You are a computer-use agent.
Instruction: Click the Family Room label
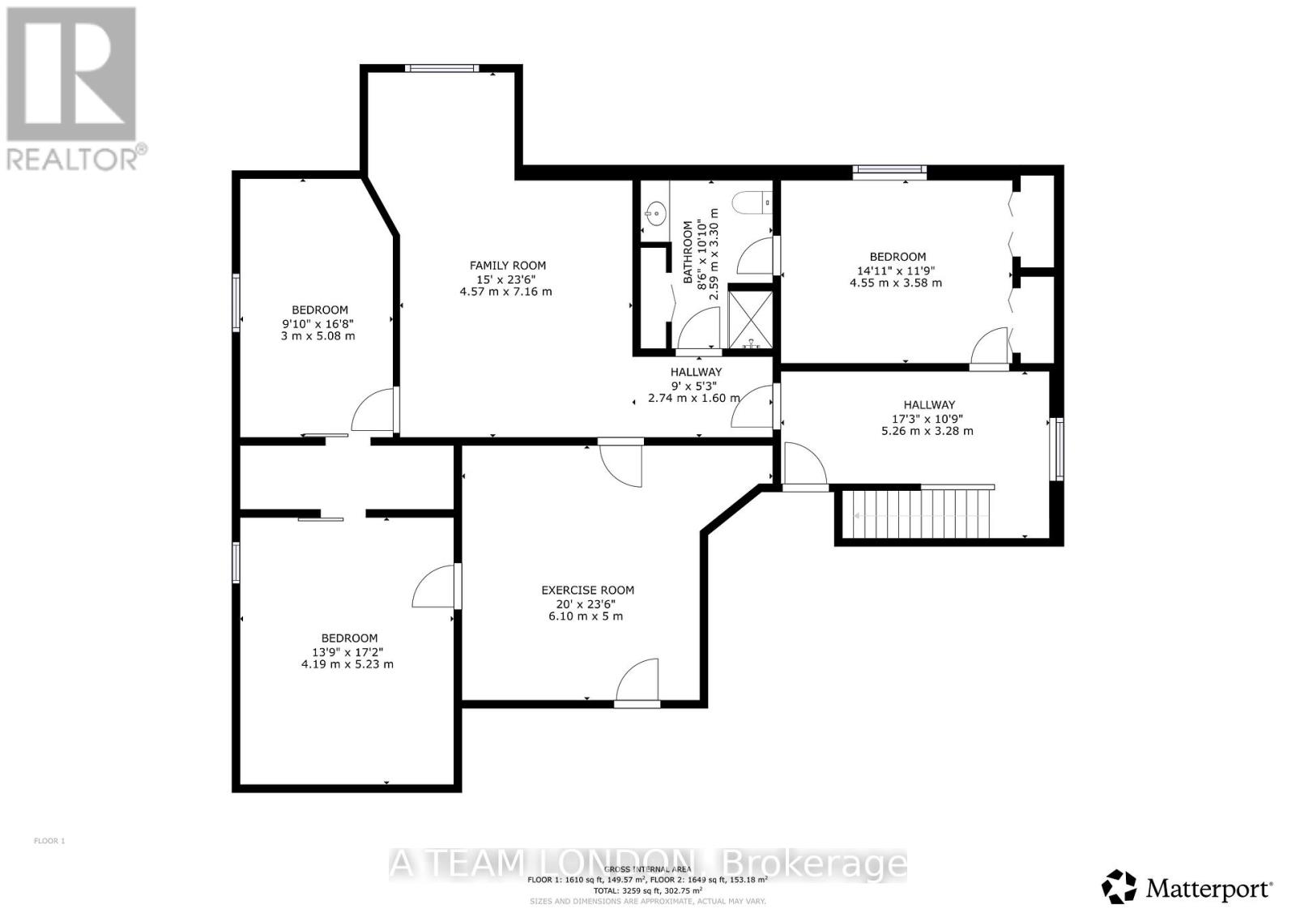coord(508,265)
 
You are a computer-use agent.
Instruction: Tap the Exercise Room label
coord(587,590)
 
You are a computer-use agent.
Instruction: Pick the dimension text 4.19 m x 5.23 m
coord(347,663)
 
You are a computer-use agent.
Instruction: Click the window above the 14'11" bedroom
coord(889,170)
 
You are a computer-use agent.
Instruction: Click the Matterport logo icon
coord(1120,886)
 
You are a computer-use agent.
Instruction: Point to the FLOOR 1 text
coord(49,841)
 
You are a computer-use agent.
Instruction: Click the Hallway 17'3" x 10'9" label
coord(929,404)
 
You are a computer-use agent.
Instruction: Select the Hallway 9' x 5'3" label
coord(696,372)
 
